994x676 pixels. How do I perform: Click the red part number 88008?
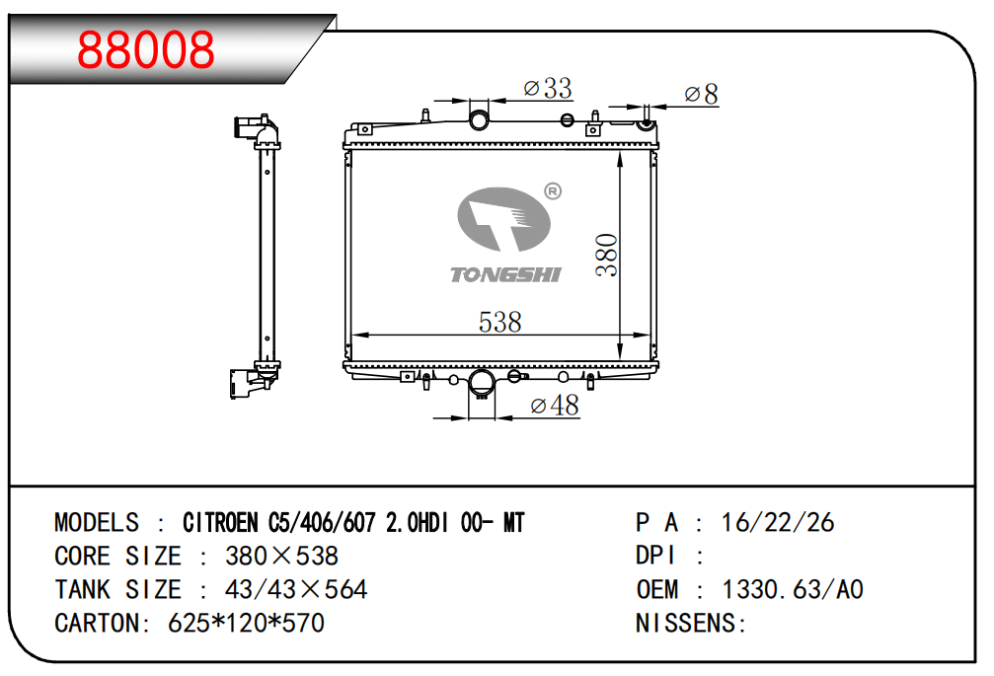146,49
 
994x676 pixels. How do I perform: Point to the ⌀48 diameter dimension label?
555,406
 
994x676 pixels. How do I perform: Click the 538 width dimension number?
499,322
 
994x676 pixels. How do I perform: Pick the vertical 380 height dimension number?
606,256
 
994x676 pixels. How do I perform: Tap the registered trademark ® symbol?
553,191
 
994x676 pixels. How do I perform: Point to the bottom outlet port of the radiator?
482,383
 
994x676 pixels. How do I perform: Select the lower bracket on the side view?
248,381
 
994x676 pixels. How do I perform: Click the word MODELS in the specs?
97,523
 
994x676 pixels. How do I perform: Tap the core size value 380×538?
282,557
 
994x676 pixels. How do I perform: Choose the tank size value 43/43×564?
296,590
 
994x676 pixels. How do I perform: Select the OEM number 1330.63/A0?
793,590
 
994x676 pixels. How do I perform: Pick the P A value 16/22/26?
778,523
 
